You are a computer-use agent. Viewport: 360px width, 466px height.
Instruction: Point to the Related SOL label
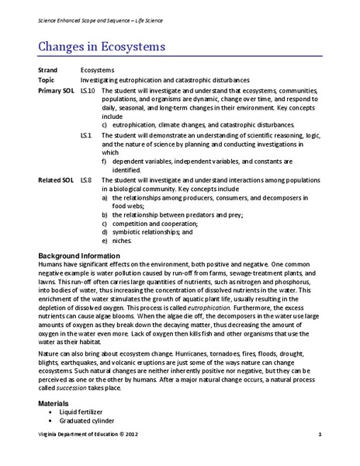click(x=54, y=179)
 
